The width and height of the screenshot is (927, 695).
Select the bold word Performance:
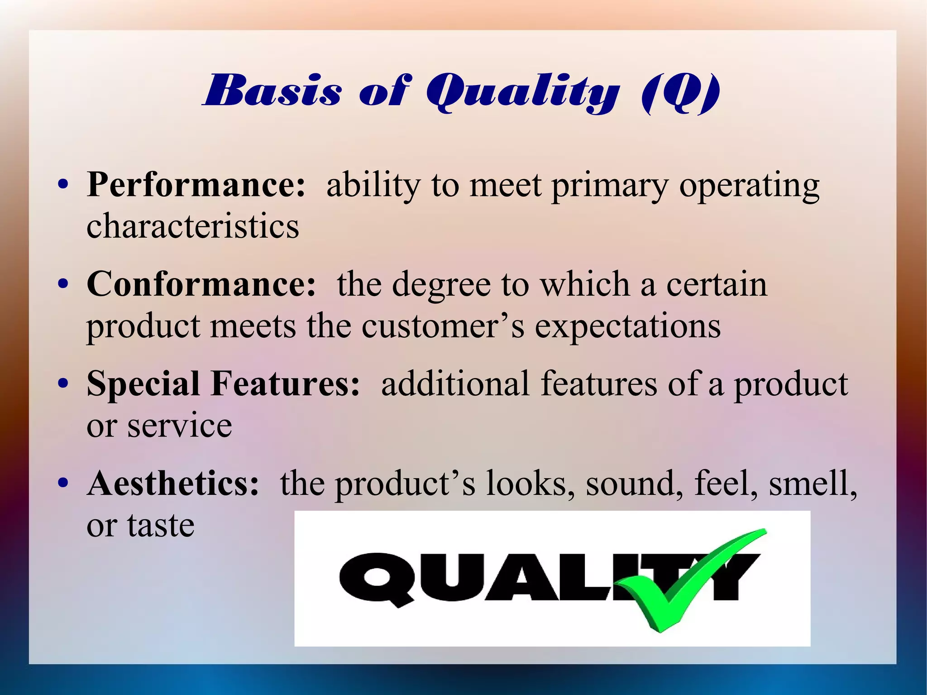196,185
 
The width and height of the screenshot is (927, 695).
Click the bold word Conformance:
201,285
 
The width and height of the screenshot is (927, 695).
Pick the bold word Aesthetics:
173,484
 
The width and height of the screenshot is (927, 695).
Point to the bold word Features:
285,384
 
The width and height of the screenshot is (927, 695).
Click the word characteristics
193,226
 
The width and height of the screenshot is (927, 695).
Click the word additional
455,384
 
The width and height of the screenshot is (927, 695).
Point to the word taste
161,526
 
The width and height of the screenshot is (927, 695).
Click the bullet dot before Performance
63,185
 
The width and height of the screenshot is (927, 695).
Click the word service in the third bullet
179,426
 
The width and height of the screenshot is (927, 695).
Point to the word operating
749,186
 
